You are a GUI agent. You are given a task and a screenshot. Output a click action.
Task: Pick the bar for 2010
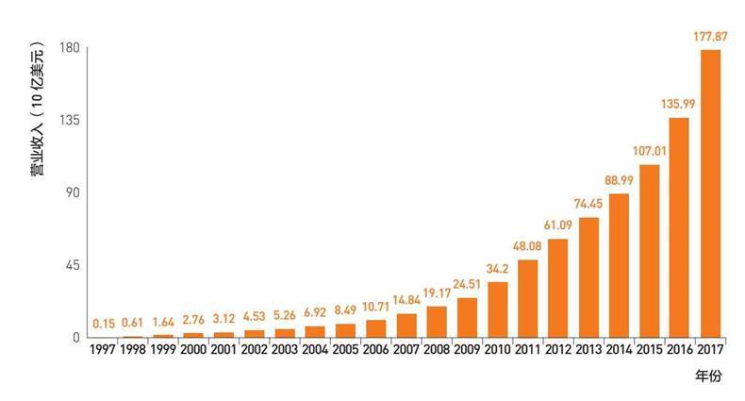[x=498, y=309]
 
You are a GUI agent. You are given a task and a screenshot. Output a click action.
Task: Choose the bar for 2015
[x=649, y=251]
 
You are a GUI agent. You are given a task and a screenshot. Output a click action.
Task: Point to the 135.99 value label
[x=679, y=105]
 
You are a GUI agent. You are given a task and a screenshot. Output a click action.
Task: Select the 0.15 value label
[x=105, y=324]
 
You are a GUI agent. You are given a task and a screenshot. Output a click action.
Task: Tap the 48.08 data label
[x=528, y=246]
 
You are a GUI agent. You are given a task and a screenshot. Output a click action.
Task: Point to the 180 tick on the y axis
[x=71, y=48]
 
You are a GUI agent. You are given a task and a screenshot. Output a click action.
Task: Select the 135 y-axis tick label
[x=71, y=121]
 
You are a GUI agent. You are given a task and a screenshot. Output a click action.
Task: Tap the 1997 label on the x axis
[x=105, y=350]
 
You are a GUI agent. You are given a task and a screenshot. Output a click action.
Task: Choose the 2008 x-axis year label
[x=437, y=350]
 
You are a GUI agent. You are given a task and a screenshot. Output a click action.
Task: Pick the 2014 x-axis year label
[x=619, y=350]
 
